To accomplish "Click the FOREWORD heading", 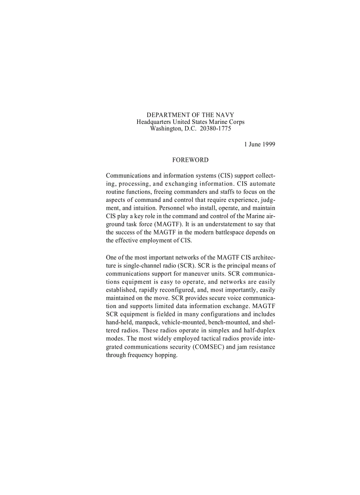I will point(190,160).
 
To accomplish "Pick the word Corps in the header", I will point(236,122).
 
